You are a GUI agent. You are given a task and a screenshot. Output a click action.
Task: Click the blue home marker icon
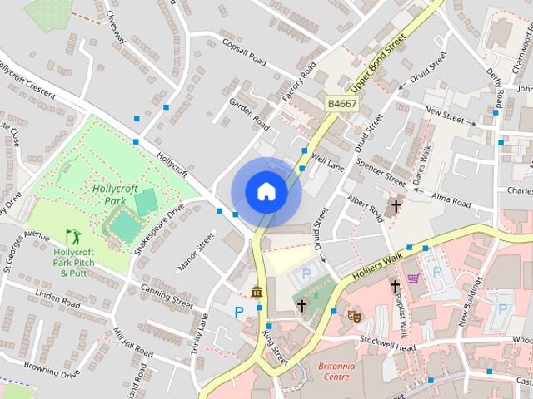click(x=266, y=191)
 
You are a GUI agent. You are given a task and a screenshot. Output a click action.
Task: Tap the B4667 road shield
click(x=341, y=104)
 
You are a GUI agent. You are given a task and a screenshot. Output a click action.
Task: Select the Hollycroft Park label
click(x=115, y=195)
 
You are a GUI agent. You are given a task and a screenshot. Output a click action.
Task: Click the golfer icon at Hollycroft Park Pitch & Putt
click(x=70, y=238)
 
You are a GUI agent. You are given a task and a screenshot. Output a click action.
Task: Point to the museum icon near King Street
click(x=257, y=291)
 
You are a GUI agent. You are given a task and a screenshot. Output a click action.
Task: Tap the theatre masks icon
click(x=354, y=315)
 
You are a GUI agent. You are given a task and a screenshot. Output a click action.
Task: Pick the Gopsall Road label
click(x=242, y=50)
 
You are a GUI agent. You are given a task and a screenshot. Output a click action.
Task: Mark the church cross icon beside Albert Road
click(x=396, y=204)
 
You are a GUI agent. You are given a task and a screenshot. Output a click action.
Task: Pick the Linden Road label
click(x=57, y=300)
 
